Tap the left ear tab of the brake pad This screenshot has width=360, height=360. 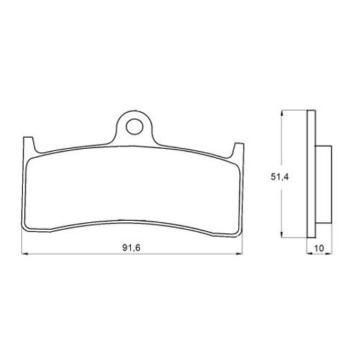[28, 147]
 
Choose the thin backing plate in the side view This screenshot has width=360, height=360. [310, 176]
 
